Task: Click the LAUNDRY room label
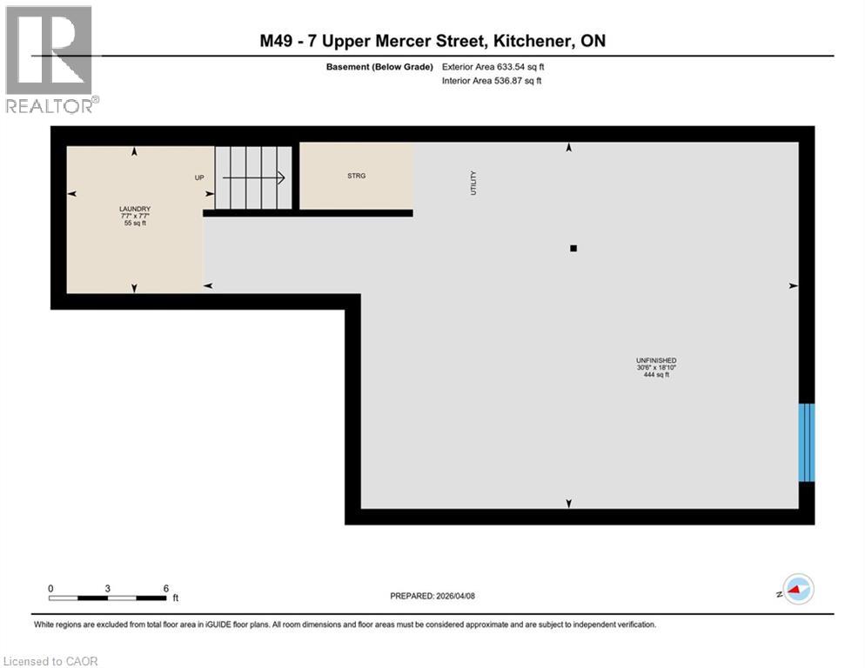(x=135, y=209)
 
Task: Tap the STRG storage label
(x=356, y=176)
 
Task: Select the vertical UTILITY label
(x=474, y=183)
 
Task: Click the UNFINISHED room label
(x=656, y=360)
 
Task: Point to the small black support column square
(x=573, y=249)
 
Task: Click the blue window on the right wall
(x=807, y=442)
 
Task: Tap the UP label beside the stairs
(x=199, y=177)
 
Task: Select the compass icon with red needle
(x=796, y=589)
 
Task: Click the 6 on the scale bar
(x=165, y=588)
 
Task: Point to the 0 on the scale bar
(x=51, y=588)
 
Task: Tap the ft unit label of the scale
(x=175, y=598)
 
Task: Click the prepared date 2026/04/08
(x=456, y=596)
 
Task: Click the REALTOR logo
(x=49, y=59)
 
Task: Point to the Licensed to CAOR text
(x=51, y=661)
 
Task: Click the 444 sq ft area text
(x=656, y=375)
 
